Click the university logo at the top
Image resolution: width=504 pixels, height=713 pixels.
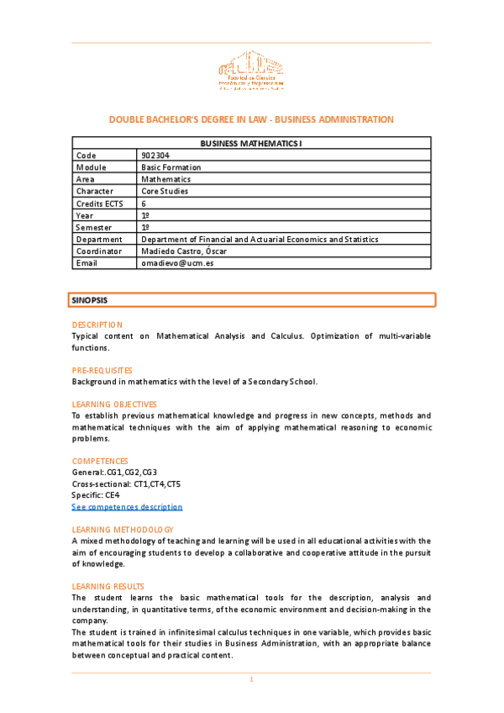click(250, 72)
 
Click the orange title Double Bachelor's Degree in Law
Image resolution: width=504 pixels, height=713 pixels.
click(251, 119)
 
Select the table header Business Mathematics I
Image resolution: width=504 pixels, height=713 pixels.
click(251, 144)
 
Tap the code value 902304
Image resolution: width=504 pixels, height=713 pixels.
click(155, 156)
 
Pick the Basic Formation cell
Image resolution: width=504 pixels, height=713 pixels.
click(171, 167)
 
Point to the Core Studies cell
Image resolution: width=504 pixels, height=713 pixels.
click(165, 191)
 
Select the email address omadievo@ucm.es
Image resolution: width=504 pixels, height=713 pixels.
click(177, 263)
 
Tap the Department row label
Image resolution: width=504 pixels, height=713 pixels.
click(98, 239)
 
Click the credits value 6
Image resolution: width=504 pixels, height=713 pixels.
click(144, 203)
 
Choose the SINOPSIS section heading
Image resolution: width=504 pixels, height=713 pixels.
click(90, 299)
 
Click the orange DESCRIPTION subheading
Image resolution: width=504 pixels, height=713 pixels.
click(97, 325)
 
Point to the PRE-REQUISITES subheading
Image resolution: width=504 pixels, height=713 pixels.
click(102, 370)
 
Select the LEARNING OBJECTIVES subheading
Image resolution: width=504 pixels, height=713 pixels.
click(114, 404)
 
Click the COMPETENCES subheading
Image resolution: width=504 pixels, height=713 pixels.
click(100, 462)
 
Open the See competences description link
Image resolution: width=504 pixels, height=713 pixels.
click(127, 507)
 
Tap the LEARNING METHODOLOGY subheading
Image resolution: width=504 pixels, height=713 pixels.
click(123, 530)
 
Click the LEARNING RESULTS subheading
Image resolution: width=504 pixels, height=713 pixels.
click(108, 586)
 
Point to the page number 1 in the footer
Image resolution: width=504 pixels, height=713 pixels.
click(251, 679)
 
